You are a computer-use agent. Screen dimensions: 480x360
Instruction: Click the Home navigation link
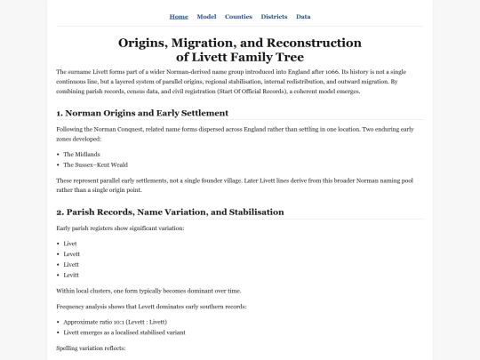[x=179, y=17]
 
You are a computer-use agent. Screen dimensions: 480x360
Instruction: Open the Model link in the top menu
[x=206, y=17]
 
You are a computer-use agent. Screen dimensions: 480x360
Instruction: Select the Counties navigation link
[x=238, y=17]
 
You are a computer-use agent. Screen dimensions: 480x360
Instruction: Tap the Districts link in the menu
[x=274, y=17]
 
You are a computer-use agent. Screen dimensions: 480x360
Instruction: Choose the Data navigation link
[x=303, y=17]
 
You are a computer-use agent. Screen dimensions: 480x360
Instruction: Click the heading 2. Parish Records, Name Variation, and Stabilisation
[x=170, y=212]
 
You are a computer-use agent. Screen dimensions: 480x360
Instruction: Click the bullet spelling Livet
[x=70, y=243]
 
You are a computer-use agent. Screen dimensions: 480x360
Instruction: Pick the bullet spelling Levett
[x=72, y=253]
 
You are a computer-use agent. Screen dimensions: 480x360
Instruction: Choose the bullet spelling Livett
[x=71, y=264]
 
